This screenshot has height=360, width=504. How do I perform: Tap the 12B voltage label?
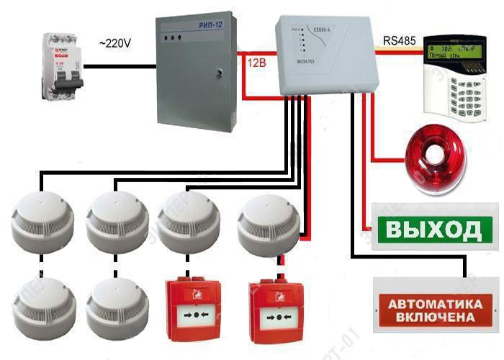pyautogui.click(x=256, y=63)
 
